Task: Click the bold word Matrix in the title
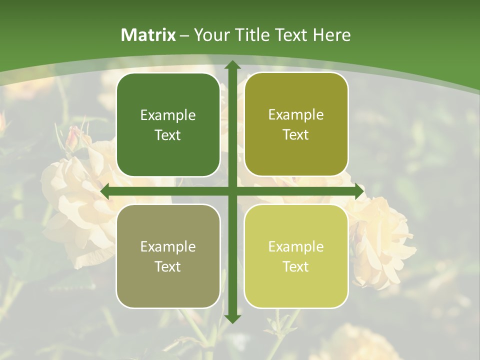point(148,35)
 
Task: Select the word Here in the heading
point(332,35)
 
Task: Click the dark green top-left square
point(168,125)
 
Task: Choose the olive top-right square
point(296,124)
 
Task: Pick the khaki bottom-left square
point(168,256)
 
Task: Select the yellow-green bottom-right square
point(296,256)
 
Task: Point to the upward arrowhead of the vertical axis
point(232,65)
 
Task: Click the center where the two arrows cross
point(232,191)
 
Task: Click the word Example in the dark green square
point(168,115)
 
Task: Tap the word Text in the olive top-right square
point(296,135)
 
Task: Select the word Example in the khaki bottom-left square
point(168,246)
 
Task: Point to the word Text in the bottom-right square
point(296,266)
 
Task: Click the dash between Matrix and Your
point(184,35)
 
